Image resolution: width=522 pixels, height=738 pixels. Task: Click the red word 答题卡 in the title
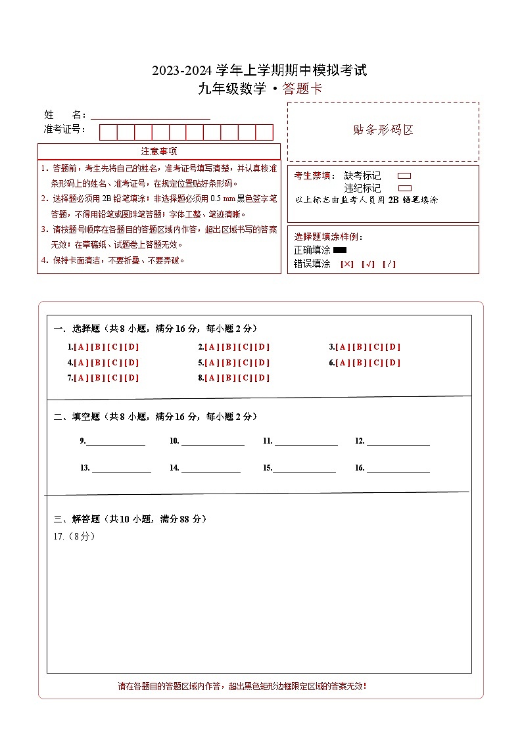[x=302, y=89]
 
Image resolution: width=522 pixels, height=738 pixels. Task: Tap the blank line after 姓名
[x=151, y=116]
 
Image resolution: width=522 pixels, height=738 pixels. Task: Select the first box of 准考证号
[x=108, y=132]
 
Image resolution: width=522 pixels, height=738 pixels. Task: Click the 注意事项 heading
[x=159, y=152]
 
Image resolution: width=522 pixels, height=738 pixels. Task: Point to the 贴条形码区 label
[x=383, y=130]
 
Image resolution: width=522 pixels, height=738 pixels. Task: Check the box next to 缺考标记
[x=404, y=176]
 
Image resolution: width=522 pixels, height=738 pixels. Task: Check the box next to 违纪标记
[x=404, y=188]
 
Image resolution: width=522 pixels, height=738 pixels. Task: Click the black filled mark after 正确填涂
[x=340, y=250]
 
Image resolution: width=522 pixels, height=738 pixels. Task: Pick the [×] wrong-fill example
[x=346, y=264]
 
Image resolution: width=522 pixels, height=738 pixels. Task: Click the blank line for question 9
[x=116, y=442]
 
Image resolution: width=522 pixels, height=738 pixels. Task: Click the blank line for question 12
[x=398, y=442]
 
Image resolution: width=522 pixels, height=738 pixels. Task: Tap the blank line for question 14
[x=210, y=468]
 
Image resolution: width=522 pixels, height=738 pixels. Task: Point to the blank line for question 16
[x=398, y=468]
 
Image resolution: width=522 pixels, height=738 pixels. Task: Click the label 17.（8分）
[x=74, y=536]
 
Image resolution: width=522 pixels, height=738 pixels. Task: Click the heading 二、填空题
[x=77, y=417]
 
